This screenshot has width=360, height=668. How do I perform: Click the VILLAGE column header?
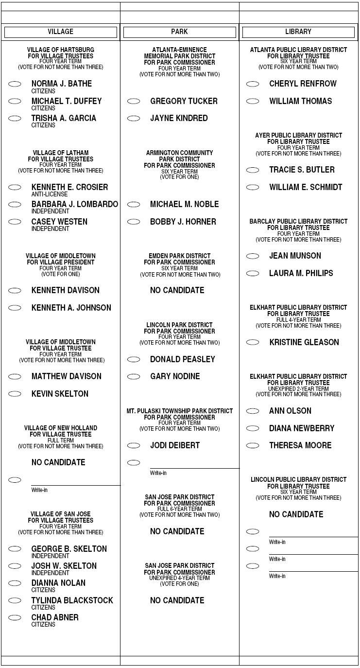60,32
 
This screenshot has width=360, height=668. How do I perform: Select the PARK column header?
179,32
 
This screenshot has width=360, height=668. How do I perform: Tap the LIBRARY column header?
298,32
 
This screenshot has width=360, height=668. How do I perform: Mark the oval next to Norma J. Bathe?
15,84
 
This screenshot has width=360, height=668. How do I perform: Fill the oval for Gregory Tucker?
134,101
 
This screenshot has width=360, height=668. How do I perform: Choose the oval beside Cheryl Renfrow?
253,84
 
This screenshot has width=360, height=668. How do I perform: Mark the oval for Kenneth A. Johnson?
15,308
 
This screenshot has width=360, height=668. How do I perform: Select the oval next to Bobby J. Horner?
134,222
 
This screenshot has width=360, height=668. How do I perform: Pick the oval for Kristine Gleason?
253,342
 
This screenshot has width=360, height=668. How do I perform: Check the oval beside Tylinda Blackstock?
15,600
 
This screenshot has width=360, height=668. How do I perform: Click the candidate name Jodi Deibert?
175,445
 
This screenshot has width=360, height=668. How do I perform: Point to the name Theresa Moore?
300,445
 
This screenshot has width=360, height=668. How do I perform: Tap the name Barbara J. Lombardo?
74,204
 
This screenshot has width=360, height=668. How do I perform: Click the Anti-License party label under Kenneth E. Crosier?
43,194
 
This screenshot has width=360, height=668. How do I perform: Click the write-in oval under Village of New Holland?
15,480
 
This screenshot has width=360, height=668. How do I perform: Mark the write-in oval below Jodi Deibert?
134,462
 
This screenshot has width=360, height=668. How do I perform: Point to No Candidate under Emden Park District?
177,290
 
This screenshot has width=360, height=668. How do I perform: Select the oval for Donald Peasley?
134,359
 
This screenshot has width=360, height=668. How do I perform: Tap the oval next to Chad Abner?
15,617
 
